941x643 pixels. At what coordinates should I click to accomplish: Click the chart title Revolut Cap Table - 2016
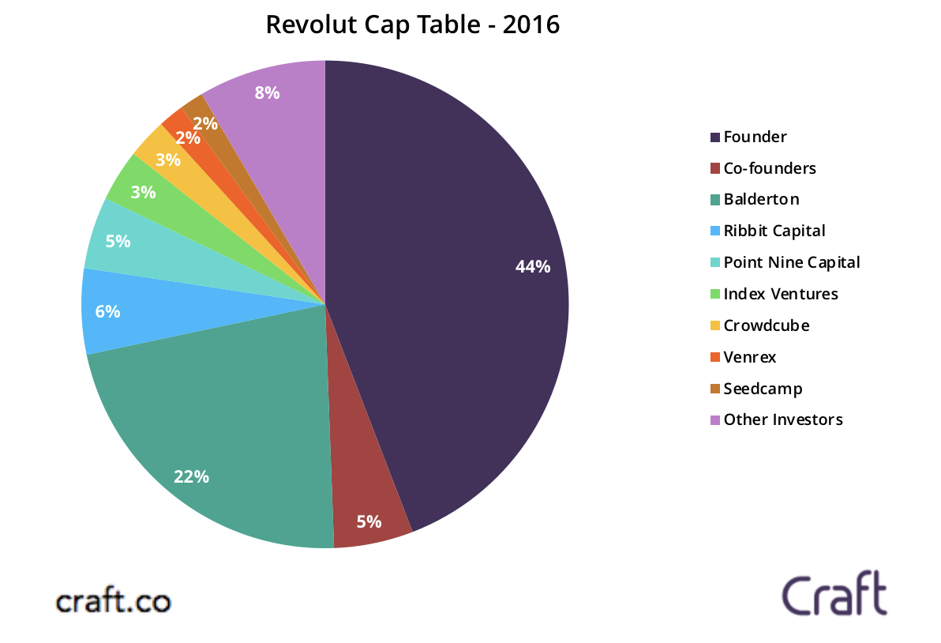click(x=412, y=24)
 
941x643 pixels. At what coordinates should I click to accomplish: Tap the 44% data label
click(x=532, y=267)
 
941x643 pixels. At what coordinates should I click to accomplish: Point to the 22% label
click(x=191, y=476)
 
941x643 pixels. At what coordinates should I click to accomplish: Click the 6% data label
click(x=107, y=311)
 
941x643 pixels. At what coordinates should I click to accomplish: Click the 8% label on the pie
click(x=267, y=92)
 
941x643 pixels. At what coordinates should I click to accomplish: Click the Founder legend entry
click(x=755, y=137)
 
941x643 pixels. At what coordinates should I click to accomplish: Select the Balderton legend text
click(x=761, y=199)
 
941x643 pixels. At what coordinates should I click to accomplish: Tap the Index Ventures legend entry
click(x=780, y=294)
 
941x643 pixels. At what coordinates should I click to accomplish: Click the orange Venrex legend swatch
click(x=715, y=357)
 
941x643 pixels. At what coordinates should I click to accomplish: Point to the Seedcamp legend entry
click(x=762, y=389)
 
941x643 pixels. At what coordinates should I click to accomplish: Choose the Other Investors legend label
click(x=782, y=419)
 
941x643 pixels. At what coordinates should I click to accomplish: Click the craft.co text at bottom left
click(x=113, y=601)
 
